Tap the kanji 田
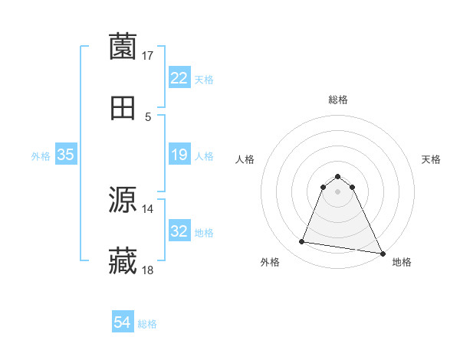coord(123,109)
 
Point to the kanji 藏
coord(123,261)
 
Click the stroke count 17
coord(148,55)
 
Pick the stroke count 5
coord(148,117)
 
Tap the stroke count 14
coord(148,208)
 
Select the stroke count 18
coord(148,270)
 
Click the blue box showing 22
coord(179,78)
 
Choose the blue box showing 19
coord(179,155)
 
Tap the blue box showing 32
coord(179,231)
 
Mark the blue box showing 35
coord(65,155)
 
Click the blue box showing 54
coord(123,323)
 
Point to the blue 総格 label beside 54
coord(147,324)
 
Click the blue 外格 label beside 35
coord(41,156)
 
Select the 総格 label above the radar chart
coord(338,100)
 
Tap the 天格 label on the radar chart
coord(432,159)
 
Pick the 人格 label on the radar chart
coord(245,159)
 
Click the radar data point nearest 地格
coord(383,254)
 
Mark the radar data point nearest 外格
coord(302,242)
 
